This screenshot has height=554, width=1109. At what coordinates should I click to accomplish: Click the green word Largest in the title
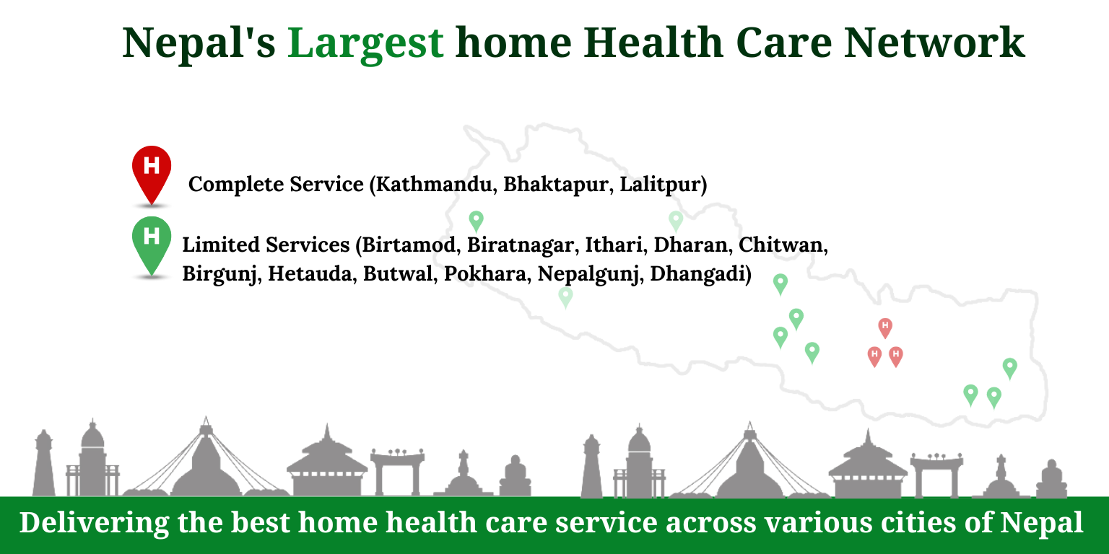coord(365,43)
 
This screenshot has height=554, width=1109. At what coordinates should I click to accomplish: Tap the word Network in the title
coord(934,43)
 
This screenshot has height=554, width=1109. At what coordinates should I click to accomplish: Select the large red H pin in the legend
coord(152,175)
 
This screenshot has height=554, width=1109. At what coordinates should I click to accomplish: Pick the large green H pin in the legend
coord(152,246)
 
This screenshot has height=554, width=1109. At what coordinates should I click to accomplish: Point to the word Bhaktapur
coord(558,185)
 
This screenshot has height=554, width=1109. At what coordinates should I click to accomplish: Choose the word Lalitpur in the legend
coord(661,185)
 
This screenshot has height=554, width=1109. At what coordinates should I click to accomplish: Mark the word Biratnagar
coord(520,245)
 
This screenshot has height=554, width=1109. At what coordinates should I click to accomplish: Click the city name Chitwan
coord(780,245)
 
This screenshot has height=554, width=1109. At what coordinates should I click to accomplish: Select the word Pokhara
coord(484,273)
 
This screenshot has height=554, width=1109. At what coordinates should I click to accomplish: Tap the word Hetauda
coord(310,273)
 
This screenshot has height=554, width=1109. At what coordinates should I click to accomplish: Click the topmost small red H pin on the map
coord(885,328)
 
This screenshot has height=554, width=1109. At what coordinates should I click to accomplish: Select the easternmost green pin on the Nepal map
coord(1010,369)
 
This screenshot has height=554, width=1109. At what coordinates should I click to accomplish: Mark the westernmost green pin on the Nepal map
coord(477,221)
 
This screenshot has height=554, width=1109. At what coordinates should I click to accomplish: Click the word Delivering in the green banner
coord(94,523)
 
